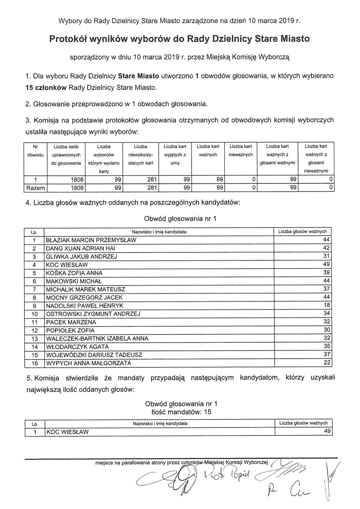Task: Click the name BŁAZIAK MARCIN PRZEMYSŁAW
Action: click(91, 240)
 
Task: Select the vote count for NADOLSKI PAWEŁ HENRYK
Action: click(327, 305)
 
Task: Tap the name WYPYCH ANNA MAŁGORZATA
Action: click(89, 363)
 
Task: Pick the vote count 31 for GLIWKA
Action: click(327, 256)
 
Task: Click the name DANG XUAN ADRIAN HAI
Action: click(81, 248)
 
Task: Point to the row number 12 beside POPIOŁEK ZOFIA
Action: click(34, 330)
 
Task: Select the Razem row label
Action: click(35, 188)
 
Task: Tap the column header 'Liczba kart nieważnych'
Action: click(241, 151)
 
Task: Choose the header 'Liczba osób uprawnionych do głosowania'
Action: click(66, 155)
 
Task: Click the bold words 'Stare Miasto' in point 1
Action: click(138, 76)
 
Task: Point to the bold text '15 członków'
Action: click(46, 87)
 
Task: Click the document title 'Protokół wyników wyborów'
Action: click(179, 39)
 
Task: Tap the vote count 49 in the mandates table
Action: click(327, 431)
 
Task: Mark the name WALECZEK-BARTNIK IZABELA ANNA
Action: click(97, 338)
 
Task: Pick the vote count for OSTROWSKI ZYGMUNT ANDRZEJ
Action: click(327, 314)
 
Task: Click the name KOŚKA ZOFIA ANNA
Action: click(74, 273)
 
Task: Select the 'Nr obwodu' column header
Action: click(35, 151)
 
